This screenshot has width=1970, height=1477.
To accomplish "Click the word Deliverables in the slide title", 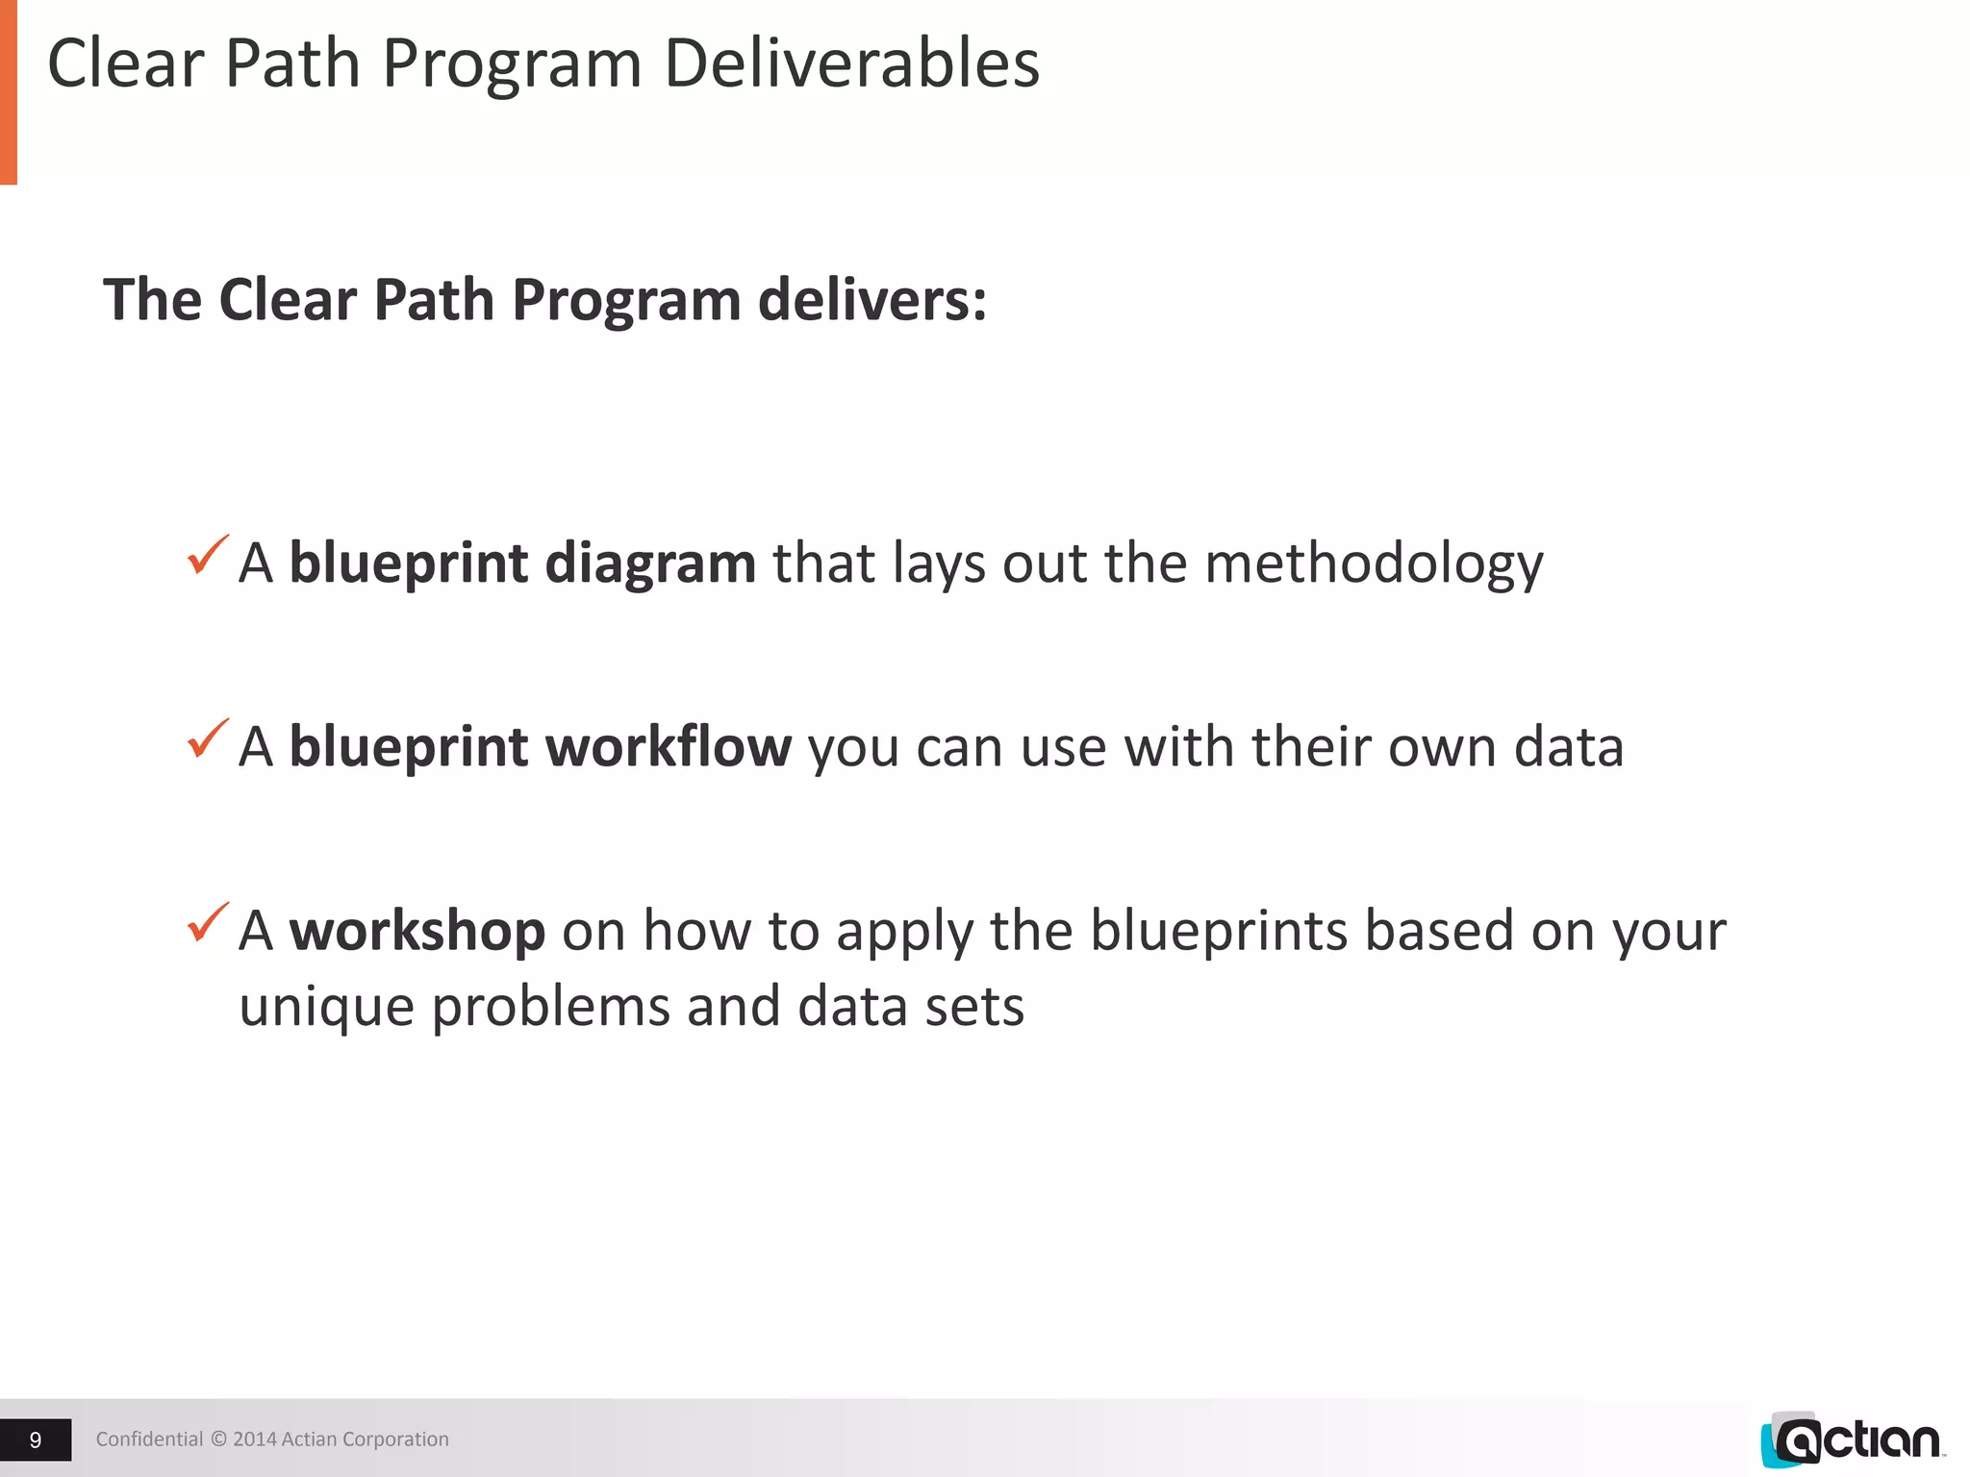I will click(851, 63).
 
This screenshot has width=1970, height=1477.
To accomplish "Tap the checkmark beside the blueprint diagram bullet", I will click(208, 555).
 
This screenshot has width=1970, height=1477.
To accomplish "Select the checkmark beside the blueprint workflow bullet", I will click(208, 738).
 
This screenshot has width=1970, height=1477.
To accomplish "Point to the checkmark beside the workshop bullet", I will click(208, 922).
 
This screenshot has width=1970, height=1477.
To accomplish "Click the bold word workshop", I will click(417, 932).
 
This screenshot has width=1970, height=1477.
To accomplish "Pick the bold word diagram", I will click(649, 563).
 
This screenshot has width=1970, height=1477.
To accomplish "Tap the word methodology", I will click(1374, 563).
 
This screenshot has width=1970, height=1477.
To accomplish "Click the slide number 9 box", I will click(36, 1439).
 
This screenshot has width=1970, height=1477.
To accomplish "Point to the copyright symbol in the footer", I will click(218, 1439).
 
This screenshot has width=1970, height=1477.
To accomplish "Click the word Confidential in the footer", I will click(149, 1439).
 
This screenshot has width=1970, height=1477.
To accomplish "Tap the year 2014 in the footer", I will click(255, 1439).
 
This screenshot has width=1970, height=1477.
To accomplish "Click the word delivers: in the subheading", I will click(871, 300).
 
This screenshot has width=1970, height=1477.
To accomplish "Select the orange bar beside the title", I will click(8, 91).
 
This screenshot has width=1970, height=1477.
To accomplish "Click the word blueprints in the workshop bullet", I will click(1218, 932).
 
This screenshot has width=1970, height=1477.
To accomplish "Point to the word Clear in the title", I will click(125, 63).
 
